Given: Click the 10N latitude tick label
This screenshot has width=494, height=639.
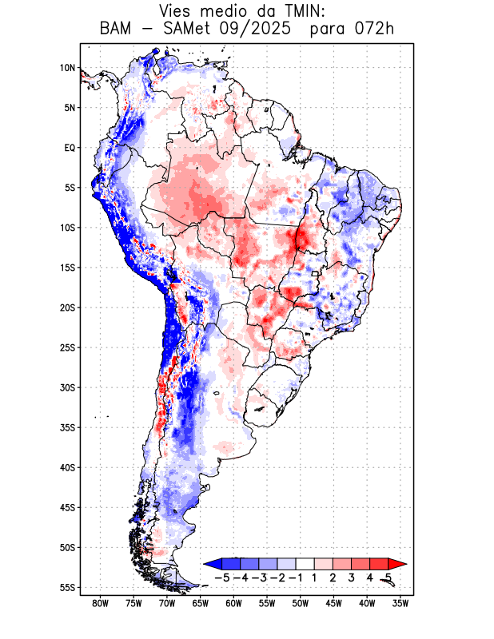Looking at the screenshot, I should pyautogui.click(x=68, y=68).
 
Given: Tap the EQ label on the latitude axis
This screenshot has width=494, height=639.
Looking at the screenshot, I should pyautogui.click(x=70, y=148).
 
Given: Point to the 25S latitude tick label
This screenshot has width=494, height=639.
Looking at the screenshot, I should pyautogui.click(x=68, y=347).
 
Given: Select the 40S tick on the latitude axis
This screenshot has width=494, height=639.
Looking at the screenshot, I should pyautogui.click(x=68, y=467).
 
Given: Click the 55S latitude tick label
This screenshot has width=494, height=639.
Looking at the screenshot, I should pyautogui.click(x=68, y=587).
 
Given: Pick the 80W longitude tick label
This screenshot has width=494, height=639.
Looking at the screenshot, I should pyautogui.click(x=100, y=603).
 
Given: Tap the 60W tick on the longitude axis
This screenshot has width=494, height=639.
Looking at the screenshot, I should pyautogui.click(x=234, y=603).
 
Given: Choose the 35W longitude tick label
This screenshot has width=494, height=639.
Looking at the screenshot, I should pyautogui.click(x=401, y=603).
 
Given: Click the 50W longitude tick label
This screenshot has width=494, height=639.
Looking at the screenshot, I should pyautogui.click(x=301, y=603).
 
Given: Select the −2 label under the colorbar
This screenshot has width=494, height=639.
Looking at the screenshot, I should pyautogui.click(x=276, y=577).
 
